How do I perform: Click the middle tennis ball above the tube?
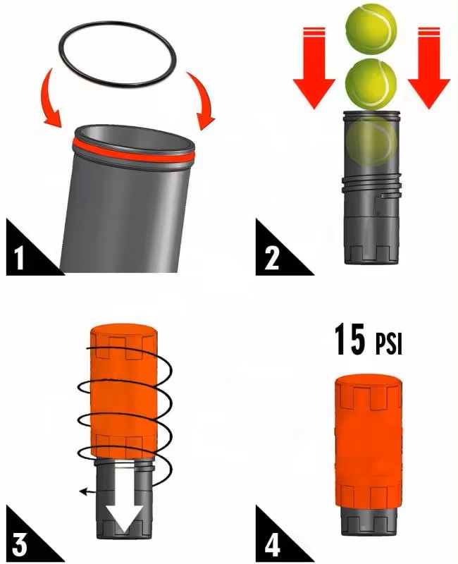pos(371,82)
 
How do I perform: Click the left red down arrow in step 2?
pos(314,70)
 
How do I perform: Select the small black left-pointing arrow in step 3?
pos(85,491)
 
